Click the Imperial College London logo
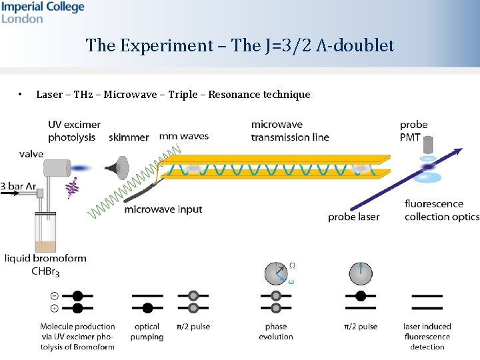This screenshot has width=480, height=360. pos(43,12)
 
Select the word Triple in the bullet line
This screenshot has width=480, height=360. pos(183,94)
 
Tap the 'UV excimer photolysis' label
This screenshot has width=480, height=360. pos(74,131)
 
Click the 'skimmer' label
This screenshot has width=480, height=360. pos(129,137)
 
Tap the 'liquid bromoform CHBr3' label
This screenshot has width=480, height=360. pos(45,264)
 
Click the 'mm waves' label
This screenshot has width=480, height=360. pos(183,136)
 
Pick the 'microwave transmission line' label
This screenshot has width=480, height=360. pos(289,131)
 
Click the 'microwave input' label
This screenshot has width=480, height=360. pos(163,209)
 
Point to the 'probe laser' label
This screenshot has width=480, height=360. pos(353,217)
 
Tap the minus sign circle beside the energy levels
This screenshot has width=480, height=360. pos(54,295)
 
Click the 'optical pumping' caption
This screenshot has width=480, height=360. pos(147,331)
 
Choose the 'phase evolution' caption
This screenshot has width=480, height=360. pos(275,331)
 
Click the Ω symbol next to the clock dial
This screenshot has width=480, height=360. pos(292,265)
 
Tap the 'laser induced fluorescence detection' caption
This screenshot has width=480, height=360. pos(427,336)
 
